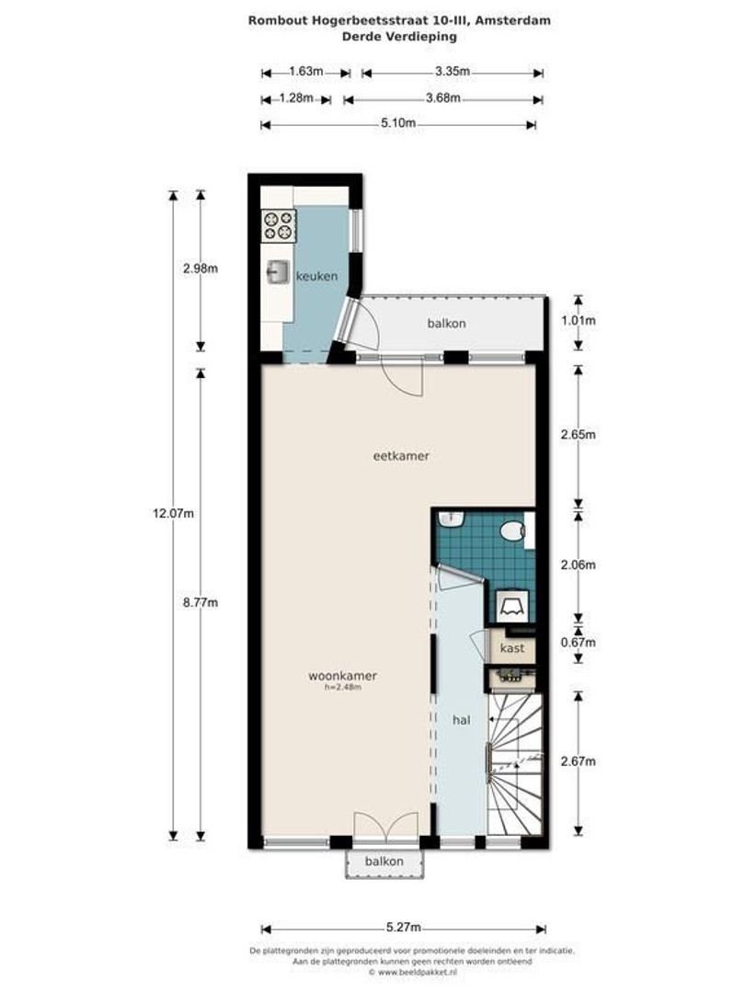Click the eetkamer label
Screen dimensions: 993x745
point(402,456)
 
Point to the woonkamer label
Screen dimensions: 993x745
point(342,676)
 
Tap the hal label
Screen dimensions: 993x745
point(462,720)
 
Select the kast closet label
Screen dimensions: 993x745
point(511,648)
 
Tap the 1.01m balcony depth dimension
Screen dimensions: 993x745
point(579,321)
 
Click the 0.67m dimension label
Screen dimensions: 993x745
point(579,643)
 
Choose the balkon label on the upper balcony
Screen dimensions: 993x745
point(446,324)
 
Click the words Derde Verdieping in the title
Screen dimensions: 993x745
point(399,37)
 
